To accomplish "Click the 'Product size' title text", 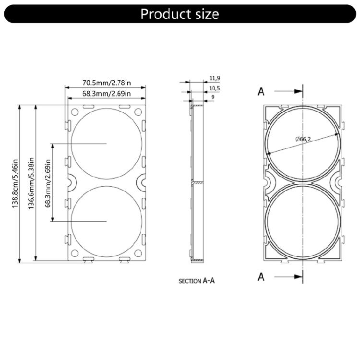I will pyautogui.click(x=180, y=13).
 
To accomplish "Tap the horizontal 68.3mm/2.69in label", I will pyautogui.click(x=106, y=94).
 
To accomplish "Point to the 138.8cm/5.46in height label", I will pyautogui.click(x=15, y=183).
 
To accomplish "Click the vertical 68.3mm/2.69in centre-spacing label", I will pyautogui.click(x=48, y=182).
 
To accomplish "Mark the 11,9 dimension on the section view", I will pyautogui.click(x=215, y=78).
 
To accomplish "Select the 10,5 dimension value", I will pyautogui.click(x=215, y=89).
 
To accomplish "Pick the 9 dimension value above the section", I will pyautogui.click(x=212, y=98).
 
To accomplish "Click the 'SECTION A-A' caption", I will pyautogui.click(x=196, y=281).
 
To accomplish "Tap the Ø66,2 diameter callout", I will pyautogui.click(x=304, y=138).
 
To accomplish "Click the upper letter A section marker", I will pyautogui.click(x=261, y=91).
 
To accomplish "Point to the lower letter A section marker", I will pyautogui.click(x=261, y=277).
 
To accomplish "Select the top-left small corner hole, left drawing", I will pyautogui.click(x=74, y=112).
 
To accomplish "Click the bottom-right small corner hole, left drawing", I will pyautogui.click(x=138, y=253).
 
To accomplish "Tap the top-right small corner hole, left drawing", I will pyautogui.click(x=138, y=112).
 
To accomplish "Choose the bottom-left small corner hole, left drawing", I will pyautogui.click(x=74, y=253).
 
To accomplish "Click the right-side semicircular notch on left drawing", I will pyautogui.click(x=143, y=181).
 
